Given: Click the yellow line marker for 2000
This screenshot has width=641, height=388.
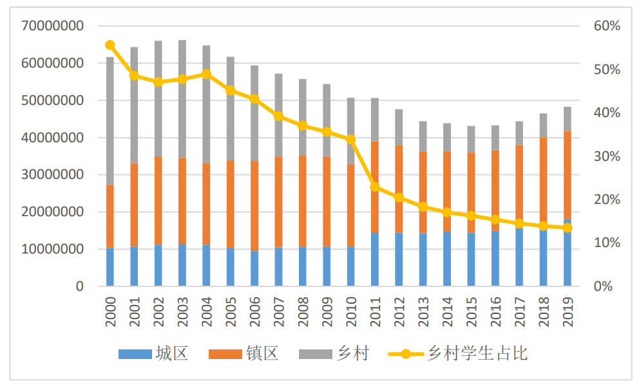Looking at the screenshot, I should [110, 45].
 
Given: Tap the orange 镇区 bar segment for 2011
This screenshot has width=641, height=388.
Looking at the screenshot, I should [375, 187].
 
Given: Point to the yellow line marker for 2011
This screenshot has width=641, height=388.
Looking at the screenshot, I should [375, 187].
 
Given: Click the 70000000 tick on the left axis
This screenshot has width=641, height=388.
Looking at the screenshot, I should [52, 26].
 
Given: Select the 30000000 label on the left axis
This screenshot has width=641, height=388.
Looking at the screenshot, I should [52, 175].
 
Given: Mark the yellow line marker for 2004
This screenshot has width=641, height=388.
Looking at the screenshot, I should [206, 74].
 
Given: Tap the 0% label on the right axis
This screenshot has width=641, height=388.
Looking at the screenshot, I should [604, 286].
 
